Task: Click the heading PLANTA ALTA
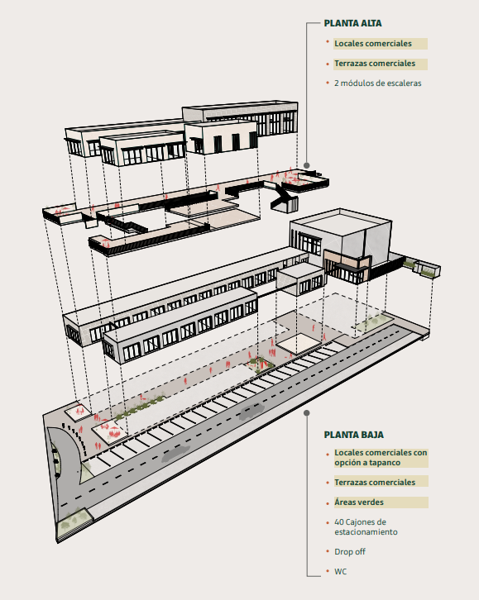pos(352,23)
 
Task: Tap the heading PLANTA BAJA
pos(354,435)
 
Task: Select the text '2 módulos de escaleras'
pos(378,83)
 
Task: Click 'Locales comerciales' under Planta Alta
pos(373,43)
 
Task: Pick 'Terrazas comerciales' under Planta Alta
pos(375,63)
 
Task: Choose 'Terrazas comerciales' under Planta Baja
pos(375,482)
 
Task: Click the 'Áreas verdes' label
pos(359,502)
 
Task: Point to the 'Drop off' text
pos(350,551)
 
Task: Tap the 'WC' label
pos(340,571)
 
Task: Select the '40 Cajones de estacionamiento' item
pos(366,527)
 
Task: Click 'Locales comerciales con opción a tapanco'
pos(381,457)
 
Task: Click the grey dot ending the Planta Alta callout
pos(307,165)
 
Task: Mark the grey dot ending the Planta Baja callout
pos(307,413)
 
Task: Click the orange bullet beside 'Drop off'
pos(328,551)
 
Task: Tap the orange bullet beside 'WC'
pos(328,571)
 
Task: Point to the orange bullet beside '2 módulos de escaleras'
pos(328,83)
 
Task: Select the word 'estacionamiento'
pos(366,532)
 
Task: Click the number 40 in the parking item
pos(339,522)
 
